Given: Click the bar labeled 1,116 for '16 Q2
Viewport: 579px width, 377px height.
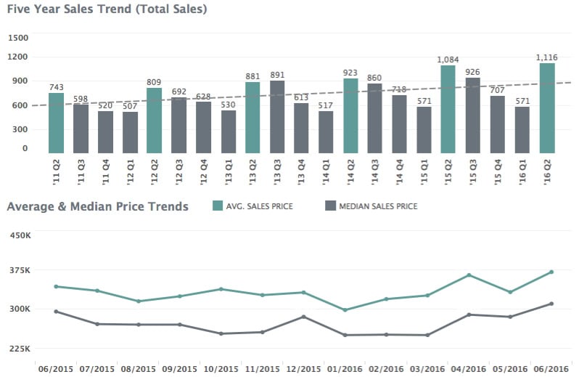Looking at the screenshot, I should [x=547, y=108].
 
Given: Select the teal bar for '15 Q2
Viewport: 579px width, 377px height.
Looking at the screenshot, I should [x=448, y=110].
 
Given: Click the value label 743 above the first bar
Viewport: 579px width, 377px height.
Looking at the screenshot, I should [x=56, y=87].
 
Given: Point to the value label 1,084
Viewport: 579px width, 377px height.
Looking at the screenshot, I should [x=448, y=60].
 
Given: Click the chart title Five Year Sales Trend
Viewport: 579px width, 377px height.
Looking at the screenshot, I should [x=107, y=9].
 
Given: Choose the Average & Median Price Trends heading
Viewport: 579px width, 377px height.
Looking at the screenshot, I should [x=97, y=206].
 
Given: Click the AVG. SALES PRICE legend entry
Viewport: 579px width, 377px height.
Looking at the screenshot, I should [x=255, y=207].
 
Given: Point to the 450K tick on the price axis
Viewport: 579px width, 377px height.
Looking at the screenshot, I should [x=20, y=235].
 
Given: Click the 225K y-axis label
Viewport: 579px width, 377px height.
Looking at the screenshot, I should [x=20, y=349].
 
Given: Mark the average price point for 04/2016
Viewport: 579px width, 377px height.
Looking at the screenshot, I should [x=469, y=275].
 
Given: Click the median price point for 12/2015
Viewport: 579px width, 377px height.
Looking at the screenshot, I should [x=304, y=317].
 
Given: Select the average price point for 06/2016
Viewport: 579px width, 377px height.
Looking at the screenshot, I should [x=551, y=272].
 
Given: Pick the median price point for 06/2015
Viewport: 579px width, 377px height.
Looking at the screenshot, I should [x=56, y=312].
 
